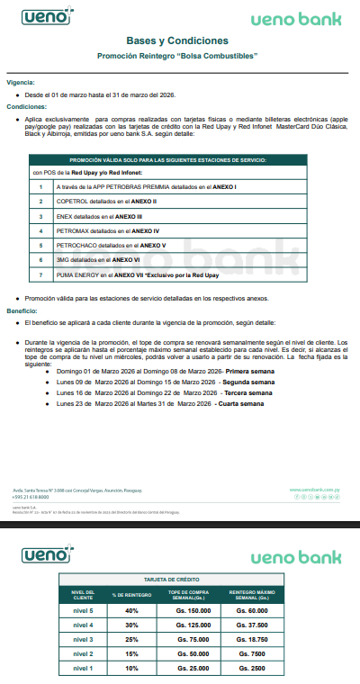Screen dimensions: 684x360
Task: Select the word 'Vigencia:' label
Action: point(21,81)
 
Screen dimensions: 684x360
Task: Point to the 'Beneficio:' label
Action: point(22,309)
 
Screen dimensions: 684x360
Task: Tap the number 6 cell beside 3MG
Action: point(40,259)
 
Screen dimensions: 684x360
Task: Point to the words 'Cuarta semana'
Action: point(240,404)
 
